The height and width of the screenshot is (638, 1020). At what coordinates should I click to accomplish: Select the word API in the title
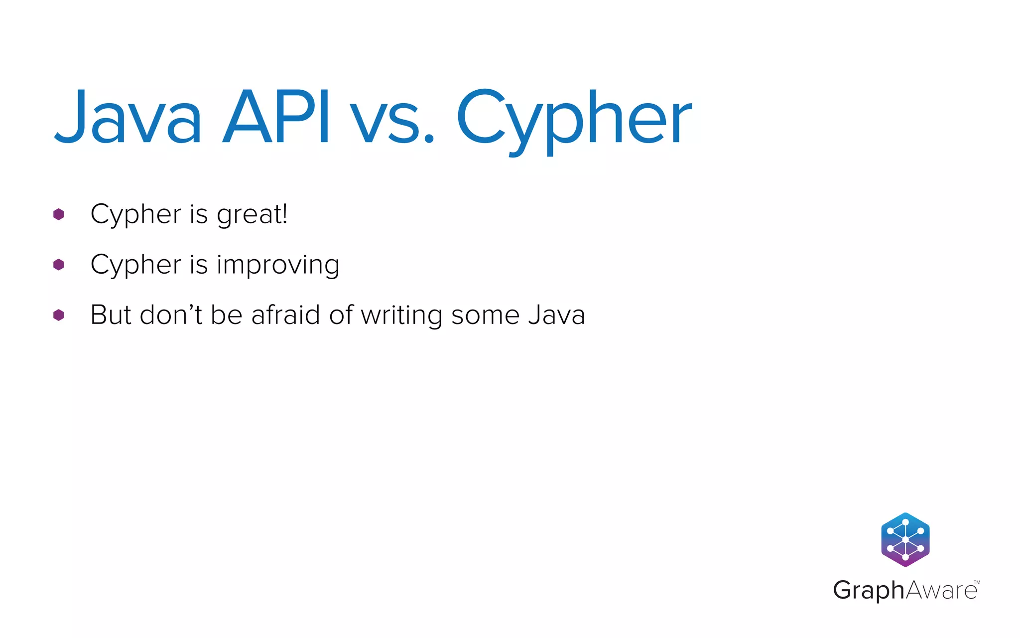pyautogui.click(x=276, y=118)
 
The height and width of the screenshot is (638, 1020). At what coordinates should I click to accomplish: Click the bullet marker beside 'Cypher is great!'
pyautogui.click(x=59, y=214)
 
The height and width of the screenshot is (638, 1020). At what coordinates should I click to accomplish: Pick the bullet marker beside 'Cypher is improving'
pyautogui.click(x=59, y=265)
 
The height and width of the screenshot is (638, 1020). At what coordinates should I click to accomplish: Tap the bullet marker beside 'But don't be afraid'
pyautogui.click(x=59, y=315)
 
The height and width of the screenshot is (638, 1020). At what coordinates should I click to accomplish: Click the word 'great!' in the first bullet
pyautogui.click(x=252, y=215)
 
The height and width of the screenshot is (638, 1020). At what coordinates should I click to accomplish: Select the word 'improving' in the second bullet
pyautogui.click(x=278, y=265)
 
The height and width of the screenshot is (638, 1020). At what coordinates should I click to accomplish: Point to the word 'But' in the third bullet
pyautogui.click(x=111, y=315)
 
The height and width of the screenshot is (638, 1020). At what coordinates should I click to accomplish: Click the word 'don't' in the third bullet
pyautogui.click(x=171, y=315)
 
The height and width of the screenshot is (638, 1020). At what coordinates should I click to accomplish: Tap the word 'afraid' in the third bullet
pyautogui.click(x=285, y=315)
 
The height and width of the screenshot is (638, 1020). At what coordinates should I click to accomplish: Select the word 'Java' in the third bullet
pyautogui.click(x=556, y=315)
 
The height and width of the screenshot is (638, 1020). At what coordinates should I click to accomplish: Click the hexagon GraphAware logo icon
pyautogui.click(x=905, y=539)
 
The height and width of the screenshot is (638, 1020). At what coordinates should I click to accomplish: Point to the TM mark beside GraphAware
pyautogui.click(x=977, y=582)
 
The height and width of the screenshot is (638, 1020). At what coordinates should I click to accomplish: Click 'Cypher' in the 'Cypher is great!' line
pyautogui.click(x=135, y=215)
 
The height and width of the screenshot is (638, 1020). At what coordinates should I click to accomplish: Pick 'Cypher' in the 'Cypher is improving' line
pyautogui.click(x=135, y=265)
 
